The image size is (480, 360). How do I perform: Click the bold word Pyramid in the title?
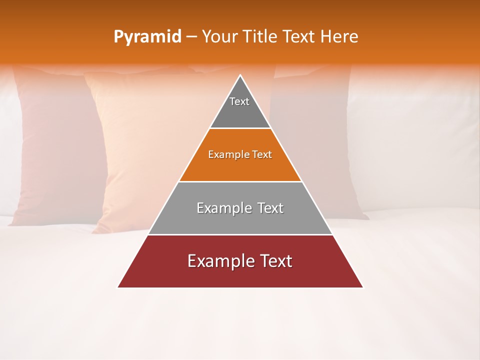[147, 37]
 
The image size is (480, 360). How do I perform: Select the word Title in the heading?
[261, 37]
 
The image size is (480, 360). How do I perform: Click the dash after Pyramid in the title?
[191, 37]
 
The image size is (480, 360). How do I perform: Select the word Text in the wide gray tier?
[270, 208]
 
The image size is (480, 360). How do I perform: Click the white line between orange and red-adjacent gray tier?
[240, 181]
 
